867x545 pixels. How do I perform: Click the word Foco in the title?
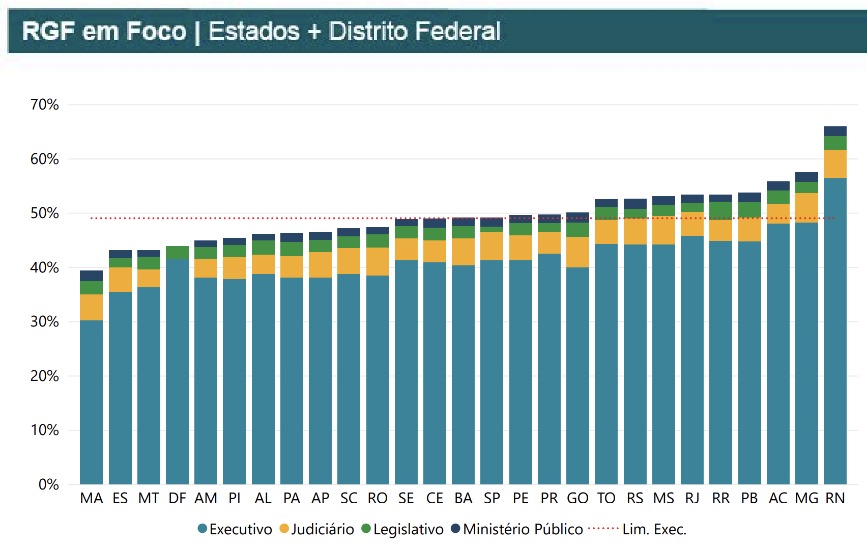point(156,31)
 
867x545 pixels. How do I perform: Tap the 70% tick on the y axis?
point(45,104)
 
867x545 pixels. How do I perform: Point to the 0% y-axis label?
point(48,484)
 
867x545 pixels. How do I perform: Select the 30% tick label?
point(45,321)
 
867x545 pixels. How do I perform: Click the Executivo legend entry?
point(235,529)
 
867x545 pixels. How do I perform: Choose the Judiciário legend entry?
point(317,529)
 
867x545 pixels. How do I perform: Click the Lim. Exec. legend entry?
point(638,529)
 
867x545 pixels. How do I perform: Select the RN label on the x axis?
point(835,498)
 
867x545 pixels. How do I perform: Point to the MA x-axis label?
point(92,498)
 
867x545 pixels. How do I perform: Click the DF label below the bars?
point(177,498)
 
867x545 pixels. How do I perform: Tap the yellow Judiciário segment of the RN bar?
point(835,164)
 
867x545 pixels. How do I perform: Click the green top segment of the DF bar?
point(177,253)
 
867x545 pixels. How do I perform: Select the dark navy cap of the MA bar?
point(92,276)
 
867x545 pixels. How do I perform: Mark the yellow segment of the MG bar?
point(806,208)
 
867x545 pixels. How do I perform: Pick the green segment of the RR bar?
point(720,210)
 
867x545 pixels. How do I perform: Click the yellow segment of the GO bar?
point(577,252)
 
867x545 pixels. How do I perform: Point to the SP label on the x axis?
point(492,498)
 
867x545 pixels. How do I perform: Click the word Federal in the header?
point(458,31)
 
